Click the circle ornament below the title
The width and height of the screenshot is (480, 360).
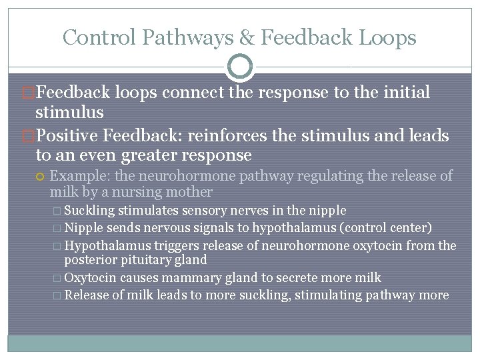[240, 67]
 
